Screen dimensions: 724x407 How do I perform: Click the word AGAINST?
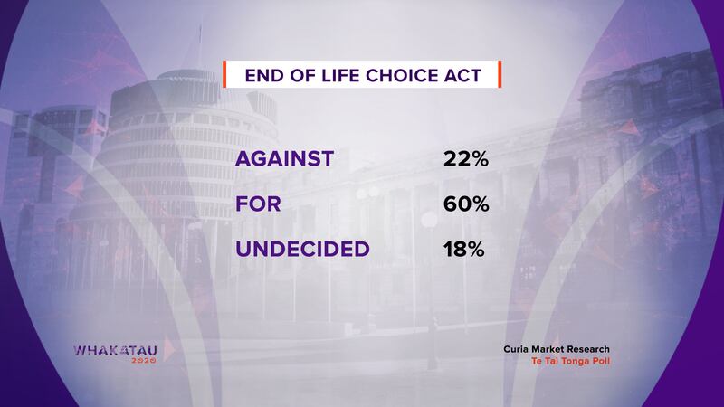pos(284,159)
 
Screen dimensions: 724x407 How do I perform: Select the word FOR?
pos(258,204)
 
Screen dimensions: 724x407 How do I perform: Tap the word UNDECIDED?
pos(302,250)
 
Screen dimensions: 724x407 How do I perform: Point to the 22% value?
pos(466,159)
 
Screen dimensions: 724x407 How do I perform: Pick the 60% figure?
pos(466,204)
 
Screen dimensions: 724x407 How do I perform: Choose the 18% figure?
pos(464,250)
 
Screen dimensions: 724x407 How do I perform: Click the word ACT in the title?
pos(462,76)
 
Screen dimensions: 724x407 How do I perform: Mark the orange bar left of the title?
pos(224,74)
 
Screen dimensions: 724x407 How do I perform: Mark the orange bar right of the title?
pos(500,74)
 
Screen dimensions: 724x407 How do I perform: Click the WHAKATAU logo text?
pos(116,351)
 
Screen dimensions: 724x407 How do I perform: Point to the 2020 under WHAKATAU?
pos(144,360)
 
